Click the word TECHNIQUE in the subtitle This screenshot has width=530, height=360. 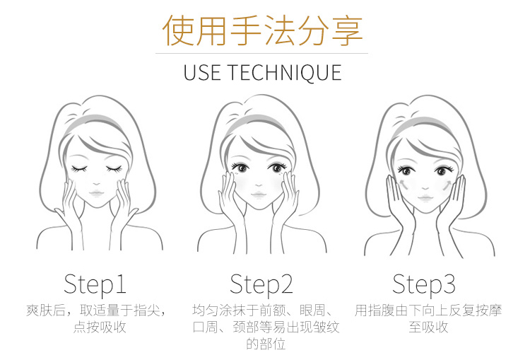pos(284,73)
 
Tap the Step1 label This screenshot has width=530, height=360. pos(95,284)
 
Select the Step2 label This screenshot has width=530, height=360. pos(261,284)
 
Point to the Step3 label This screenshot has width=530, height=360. pos(424,284)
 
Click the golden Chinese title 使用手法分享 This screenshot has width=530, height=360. pos(263,30)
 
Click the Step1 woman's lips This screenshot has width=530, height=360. pos(97,194)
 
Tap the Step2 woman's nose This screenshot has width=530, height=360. pos(259,185)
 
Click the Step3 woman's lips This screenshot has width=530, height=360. pos(425,197)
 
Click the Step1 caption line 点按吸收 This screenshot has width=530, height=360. pos(100,327)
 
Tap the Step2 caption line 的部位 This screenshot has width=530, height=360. pos(266,344)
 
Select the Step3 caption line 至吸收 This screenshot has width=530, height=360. pos(428,327)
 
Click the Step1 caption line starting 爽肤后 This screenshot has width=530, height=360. pos(96,310)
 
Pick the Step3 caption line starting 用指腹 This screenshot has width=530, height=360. pos(428,310)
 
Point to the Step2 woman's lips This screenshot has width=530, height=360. pos(259,195)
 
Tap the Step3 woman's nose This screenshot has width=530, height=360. pos(425,188)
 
